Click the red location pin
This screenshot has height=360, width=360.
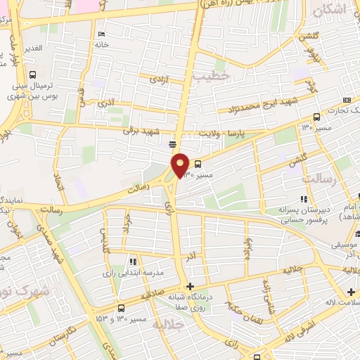point(181,165)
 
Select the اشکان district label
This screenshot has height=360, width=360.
point(330,11)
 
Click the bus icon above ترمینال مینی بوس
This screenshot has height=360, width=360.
point(33,75)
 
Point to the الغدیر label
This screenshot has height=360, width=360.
point(32,48)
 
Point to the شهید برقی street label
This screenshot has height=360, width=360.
point(141,131)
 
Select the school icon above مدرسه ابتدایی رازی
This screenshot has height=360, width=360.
point(133,261)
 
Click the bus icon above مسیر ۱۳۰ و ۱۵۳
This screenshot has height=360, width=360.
point(122,307)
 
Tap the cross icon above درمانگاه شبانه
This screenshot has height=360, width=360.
point(189,286)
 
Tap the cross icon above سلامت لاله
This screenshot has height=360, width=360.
point(351,291)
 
